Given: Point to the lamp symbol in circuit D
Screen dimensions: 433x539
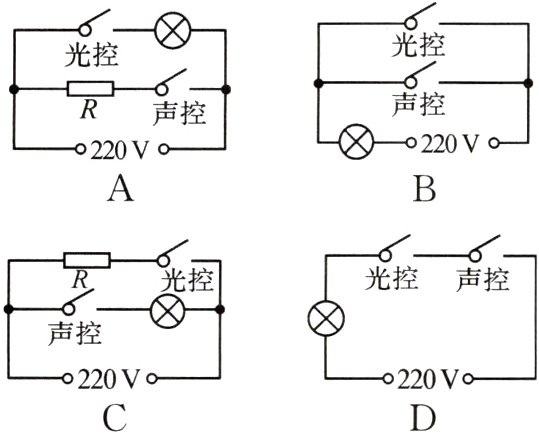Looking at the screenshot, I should pyautogui.click(x=326, y=321).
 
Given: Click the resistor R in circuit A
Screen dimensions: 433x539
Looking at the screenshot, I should pyautogui.click(x=90, y=90).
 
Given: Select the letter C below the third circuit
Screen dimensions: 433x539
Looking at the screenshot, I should pyautogui.click(x=116, y=417).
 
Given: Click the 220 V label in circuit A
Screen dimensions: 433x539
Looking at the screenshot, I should pyautogui.click(x=120, y=153).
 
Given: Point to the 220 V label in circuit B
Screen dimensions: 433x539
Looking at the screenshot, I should pyautogui.click(x=450, y=142).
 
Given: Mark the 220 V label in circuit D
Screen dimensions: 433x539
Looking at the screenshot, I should pyautogui.click(x=425, y=380).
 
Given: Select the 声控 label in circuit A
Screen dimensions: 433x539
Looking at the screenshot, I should pyautogui.click(x=180, y=112).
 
